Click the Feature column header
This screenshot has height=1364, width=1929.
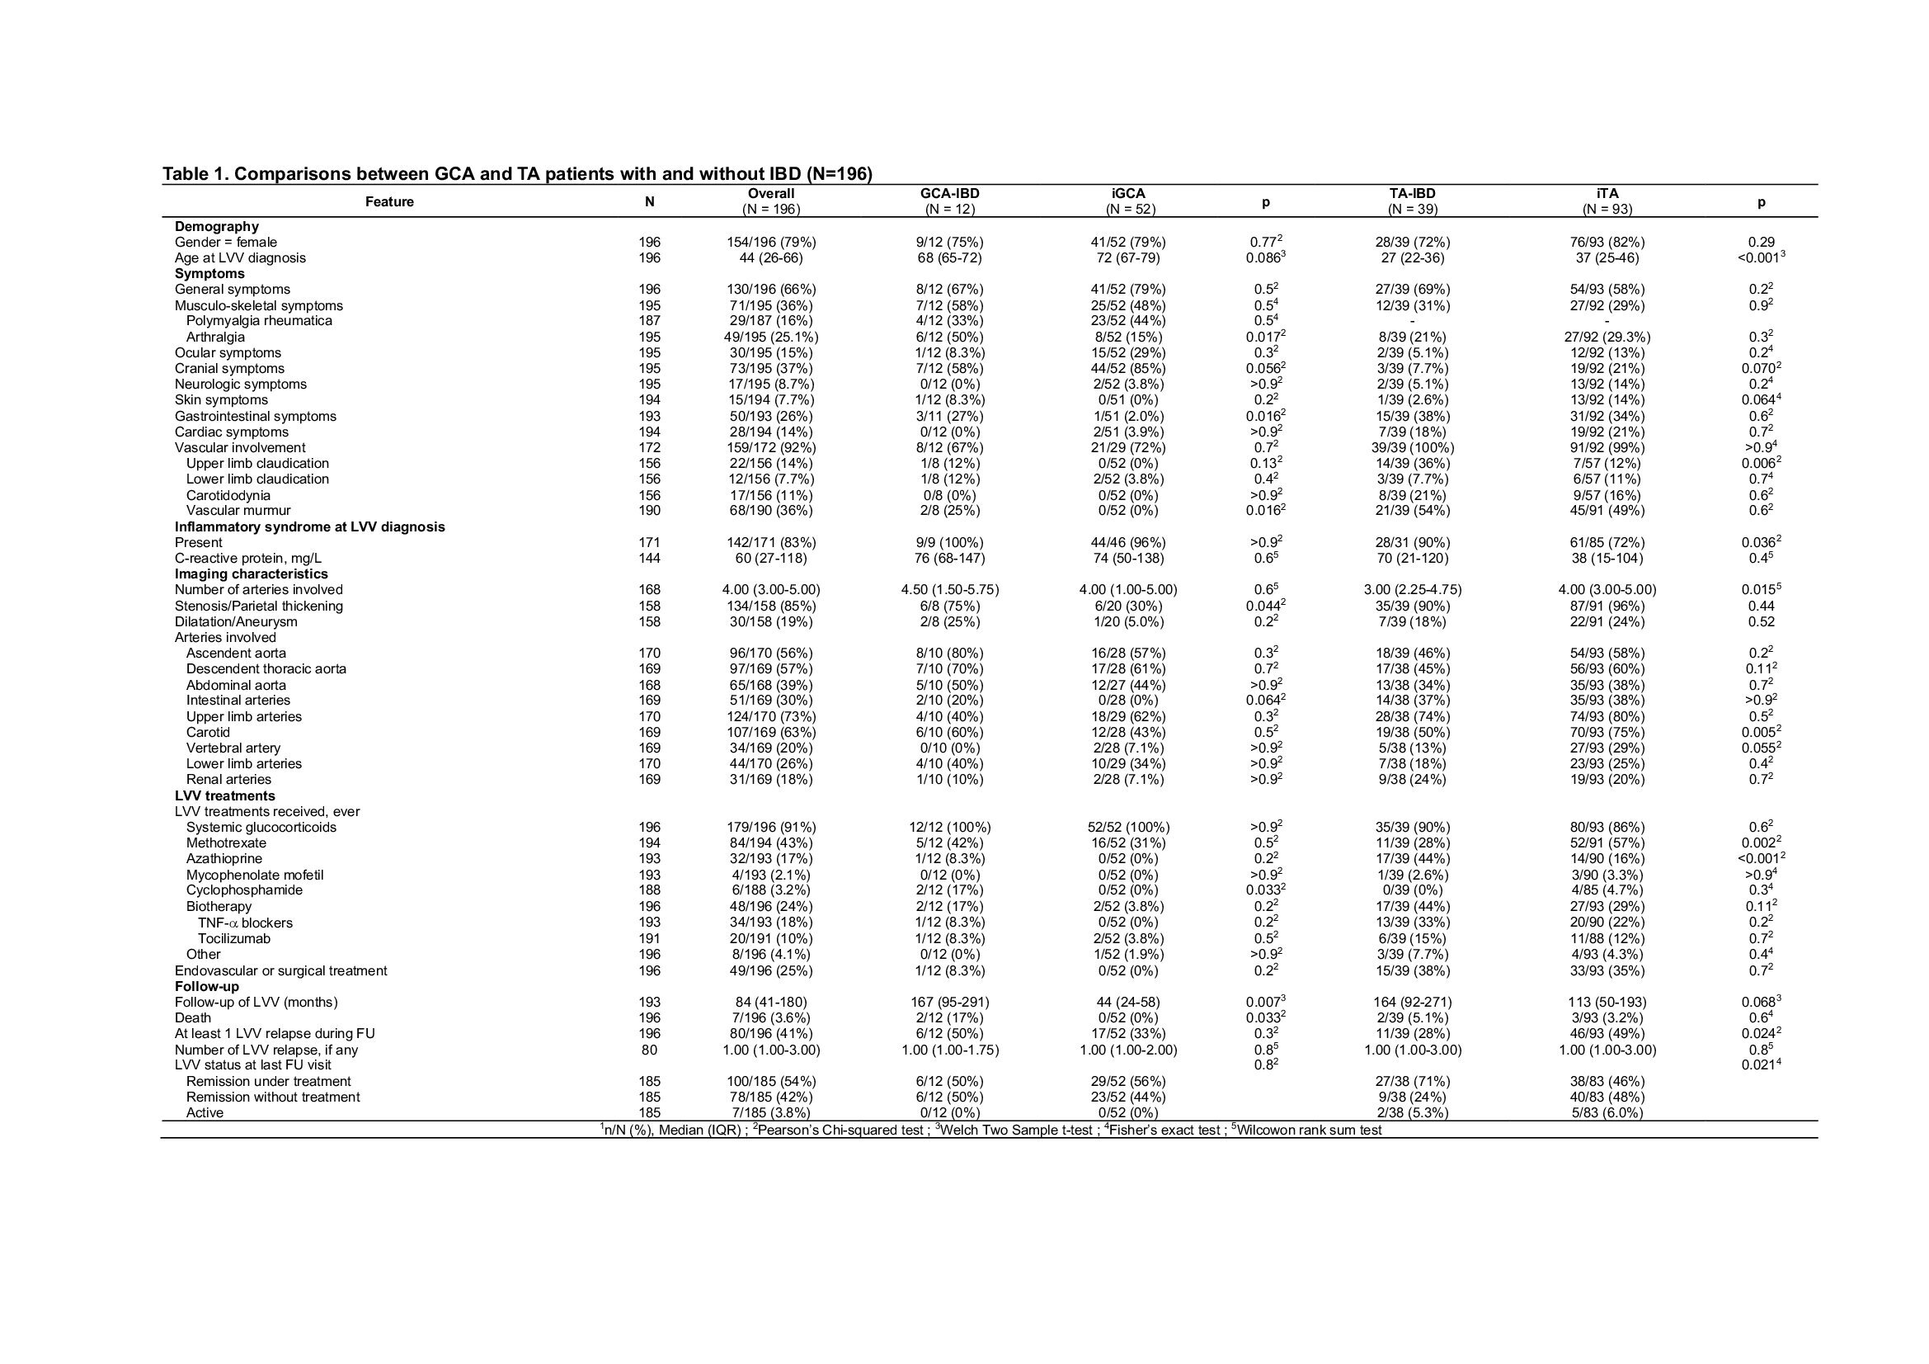[x=389, y=201]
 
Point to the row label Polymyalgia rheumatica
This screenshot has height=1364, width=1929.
[x=259, y=321]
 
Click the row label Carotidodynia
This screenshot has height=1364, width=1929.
[x=228, y=495]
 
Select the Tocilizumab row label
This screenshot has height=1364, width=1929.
[x=233, y=939]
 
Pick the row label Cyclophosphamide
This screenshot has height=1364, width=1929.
[x=243, y=891]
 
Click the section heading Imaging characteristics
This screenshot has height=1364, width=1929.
[x=252, y=574]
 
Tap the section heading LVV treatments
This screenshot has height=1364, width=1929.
[x=224, y=796]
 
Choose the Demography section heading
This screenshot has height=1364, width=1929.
[x=217, y=226]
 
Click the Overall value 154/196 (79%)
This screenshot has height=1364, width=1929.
[x=771, y=242]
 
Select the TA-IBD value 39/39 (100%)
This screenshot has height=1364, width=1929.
[x=1411, y=448]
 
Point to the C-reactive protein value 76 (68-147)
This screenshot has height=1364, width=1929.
[x=949, y=558]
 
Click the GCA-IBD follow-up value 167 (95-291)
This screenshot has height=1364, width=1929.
[x=949, y=1002]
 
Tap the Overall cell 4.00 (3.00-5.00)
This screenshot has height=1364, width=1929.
[x=771, y=590]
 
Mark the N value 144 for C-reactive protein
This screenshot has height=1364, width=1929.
[x=649, y=558]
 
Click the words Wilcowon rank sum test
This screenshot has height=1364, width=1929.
[x=1311, y=1130]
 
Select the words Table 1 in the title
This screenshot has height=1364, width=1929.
[x=194, y=174]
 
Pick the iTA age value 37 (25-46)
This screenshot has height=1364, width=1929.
[x=1607, y=258]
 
